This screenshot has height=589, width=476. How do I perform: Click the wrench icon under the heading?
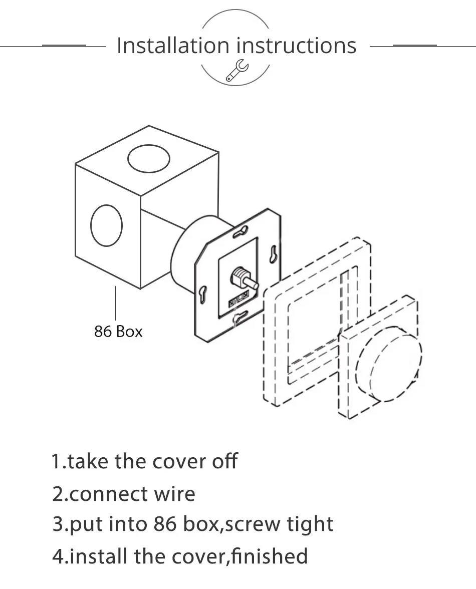pyautogui.click(x=237, y=71)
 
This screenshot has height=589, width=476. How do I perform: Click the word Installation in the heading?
pyautogui.click(x=173, y=46)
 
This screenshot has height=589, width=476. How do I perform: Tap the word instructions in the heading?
pyautogui.click(x=297, y=46)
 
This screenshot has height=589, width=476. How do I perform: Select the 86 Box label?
pyautogui.click(x=118, y=332)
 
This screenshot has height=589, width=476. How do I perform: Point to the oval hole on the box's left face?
pyautogui.click(x=107, y=225)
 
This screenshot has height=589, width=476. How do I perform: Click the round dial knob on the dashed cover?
pyautogui.click(x=389, y=366)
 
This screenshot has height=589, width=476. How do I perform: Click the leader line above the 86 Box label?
pyautogui.click(x=116, y=303)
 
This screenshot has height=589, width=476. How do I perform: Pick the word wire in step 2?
pyautogui.click(x=174, y=494)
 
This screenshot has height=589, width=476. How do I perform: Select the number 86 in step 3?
pyautogui.click(x=165, y=524)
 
